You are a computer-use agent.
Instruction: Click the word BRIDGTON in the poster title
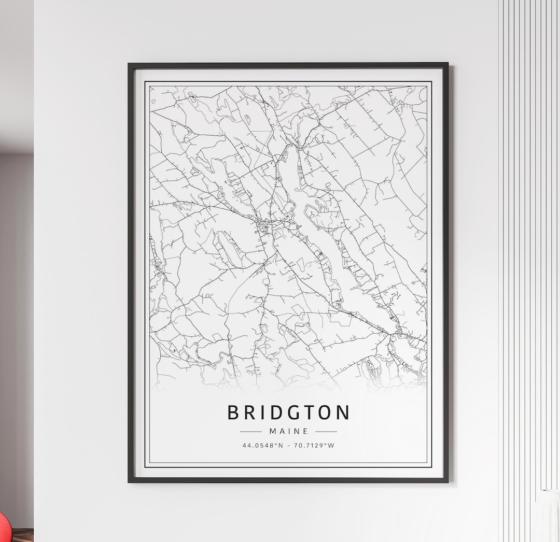(x=288, y=413)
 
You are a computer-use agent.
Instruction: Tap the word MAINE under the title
(x=289, y=431)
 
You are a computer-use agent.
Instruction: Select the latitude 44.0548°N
(x=262, y=445)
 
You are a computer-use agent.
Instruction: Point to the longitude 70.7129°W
(x=315, y=445)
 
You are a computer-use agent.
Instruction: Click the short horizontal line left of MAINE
(x=250, y=431)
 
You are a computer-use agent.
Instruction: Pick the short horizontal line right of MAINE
(x=326, y=431)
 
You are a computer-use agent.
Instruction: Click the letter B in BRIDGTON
(x=234, y=413)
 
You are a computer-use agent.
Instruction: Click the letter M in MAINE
(x=273, y=431)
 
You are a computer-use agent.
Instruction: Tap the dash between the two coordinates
(x=288, y=445)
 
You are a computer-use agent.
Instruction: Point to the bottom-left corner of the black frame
(x=129, y=481)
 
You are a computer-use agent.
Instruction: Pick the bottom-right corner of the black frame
(x=447, y=481)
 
